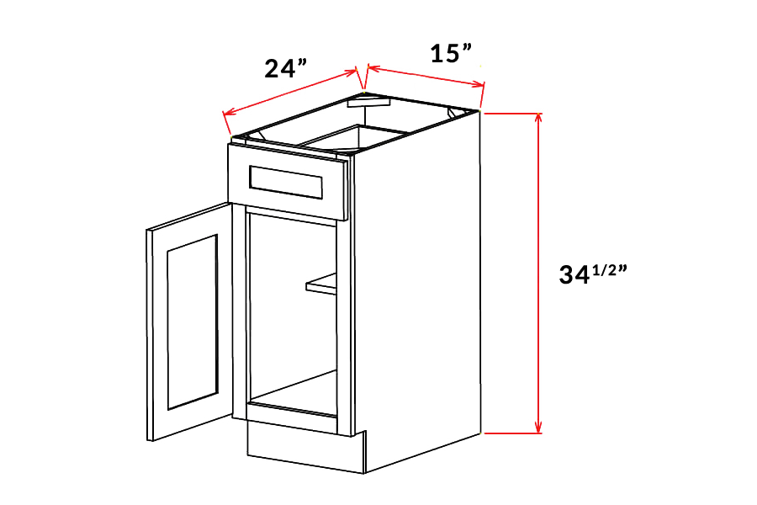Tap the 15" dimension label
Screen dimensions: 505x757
[x=449, y=54]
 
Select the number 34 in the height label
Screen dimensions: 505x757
[x=577, y=274]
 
